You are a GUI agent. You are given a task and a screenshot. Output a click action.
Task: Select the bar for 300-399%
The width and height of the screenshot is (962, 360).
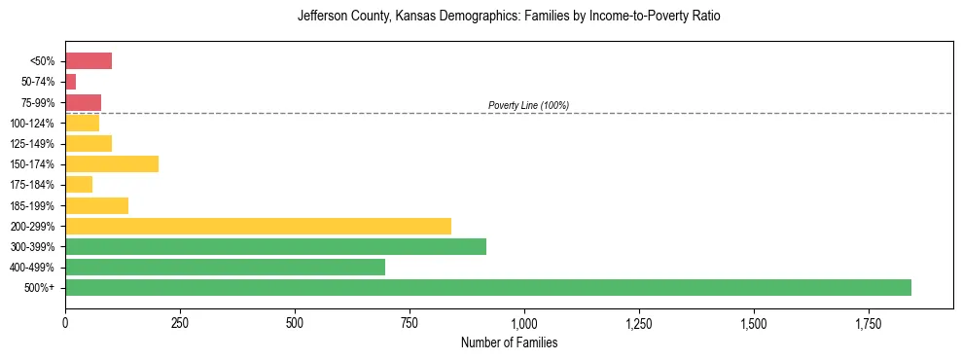pyautogui.click(x=275, y=246)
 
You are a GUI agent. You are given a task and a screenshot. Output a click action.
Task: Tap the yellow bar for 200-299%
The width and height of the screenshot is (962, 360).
pyautogui.click(x=258, y=226)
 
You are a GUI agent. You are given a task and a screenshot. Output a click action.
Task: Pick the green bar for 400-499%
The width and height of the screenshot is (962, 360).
pyautogui.click(x=225, y=267)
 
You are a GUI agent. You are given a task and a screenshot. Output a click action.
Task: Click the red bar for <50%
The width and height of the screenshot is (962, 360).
pyautogui.click(x=89, y=61)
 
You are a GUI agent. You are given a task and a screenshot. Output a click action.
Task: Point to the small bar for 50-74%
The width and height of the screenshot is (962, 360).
pyautogui.click(x=71, y=82)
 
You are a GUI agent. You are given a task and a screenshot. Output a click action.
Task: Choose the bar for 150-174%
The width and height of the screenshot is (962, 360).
pyautogui.click(x=112, y=164)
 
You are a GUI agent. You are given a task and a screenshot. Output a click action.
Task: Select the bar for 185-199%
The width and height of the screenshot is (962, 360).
pyautogui.click(x=96, y=205)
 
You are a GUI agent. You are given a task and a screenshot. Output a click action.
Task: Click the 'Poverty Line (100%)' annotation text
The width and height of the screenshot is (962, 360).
pyautogui.click(x=528, y=105)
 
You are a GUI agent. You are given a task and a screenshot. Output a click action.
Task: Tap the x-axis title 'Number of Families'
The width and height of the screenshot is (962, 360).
pyautogui.click(x=509, y=343)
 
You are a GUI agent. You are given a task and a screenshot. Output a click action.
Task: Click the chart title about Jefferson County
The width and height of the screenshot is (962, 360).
pyautogui.click(x=509, y=17)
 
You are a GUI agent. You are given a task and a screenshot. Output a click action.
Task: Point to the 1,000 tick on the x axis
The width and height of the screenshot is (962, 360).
pyautogui.click(x=524, y=322)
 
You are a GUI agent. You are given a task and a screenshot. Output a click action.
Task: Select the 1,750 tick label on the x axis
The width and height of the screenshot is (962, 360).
pyautogui.click(x=754, y=322)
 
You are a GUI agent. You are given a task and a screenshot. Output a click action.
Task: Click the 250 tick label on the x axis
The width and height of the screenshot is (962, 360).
pyautogui.click(x=180, y=322)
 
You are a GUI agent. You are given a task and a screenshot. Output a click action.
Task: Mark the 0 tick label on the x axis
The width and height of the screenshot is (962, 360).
pyautogui.click(x=65, y=322)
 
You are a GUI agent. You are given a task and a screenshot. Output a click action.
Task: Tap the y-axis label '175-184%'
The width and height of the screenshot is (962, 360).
pyautogui.click(x=33, y=185)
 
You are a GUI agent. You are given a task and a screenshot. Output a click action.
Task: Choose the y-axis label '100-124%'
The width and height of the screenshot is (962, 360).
pyautogui.click(x=33, y=124)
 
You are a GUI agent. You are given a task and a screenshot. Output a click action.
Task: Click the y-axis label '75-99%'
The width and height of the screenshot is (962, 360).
pyautogui.click(x=36, y=103)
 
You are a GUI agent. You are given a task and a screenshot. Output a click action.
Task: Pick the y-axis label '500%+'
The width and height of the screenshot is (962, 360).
pyautogui.click(x=40, y=288)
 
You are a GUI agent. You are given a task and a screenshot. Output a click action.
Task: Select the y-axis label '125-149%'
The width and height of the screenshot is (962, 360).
pyautogui.click(x=33, y=144)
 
